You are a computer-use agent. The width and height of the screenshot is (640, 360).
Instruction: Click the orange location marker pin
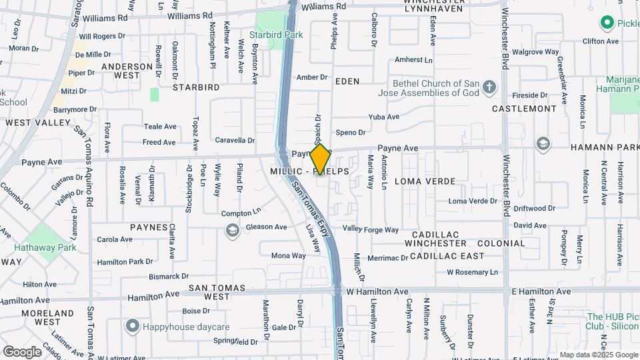coord(320,159)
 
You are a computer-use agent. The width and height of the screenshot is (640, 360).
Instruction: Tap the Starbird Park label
coord(276,35)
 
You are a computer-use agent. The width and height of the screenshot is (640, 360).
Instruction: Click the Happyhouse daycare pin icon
coord(132,326)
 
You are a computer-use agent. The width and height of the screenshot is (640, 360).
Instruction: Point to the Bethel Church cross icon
coord(489,87)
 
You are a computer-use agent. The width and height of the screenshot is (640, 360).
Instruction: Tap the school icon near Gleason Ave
coord(232,231)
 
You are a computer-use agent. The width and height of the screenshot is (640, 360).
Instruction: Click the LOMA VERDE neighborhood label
coord(425,181)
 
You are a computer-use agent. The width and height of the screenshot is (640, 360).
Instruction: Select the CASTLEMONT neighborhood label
coord(524,108)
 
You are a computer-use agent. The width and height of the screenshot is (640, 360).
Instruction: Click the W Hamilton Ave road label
coord(377,292)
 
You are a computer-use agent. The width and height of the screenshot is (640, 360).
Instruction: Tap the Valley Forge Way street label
coord(370,230)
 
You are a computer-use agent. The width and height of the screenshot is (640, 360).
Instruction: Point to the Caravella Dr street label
coord(235,141)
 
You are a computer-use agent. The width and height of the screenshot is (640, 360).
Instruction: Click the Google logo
coord(22,351)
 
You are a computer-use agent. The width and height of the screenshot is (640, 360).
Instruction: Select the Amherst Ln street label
coord(413,60)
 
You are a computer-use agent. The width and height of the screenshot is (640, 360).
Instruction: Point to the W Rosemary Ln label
coord(472,272)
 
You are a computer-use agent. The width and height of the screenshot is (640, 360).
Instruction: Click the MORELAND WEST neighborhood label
coord(47,317)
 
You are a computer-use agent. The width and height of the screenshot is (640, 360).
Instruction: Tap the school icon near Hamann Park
coord(543,144)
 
